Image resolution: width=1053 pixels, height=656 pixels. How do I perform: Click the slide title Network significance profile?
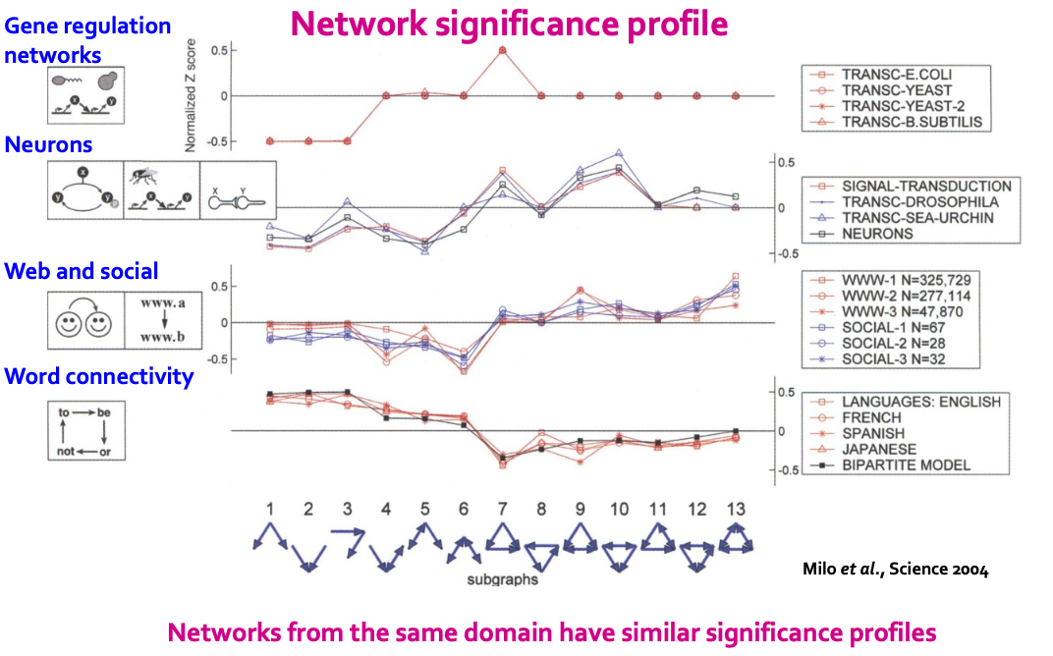point(509,24)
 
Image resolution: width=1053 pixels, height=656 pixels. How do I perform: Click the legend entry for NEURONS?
point(877,234)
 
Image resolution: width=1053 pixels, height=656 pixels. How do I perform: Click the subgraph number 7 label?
point(503,509)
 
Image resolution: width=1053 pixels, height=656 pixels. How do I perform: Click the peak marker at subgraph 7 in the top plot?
point(503,49)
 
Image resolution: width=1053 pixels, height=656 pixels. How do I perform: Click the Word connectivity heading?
point(99,376)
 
